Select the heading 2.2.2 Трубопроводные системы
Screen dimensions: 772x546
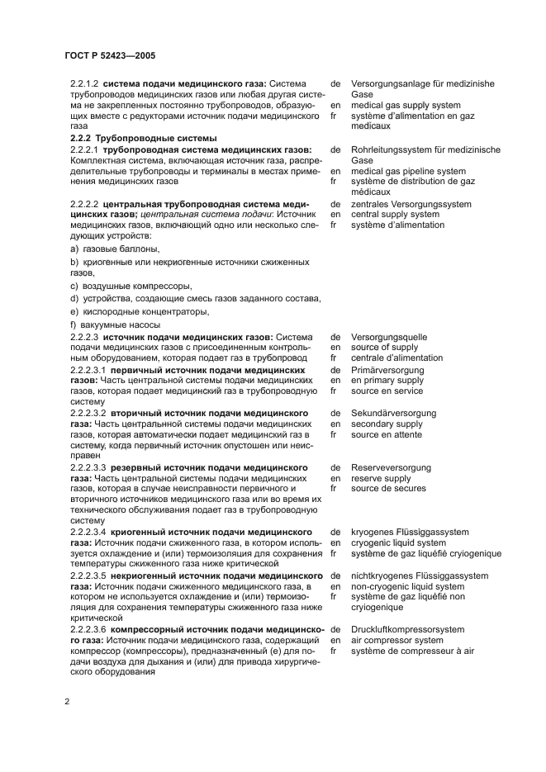pyautogui.click(x=143, y=138)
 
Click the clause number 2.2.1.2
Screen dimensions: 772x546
pyautogui.click(x=85, y=83)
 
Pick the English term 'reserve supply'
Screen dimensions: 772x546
pyautogui.click(x=381, y=478)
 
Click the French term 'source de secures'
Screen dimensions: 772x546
pyautogui.click(x=388, y=489)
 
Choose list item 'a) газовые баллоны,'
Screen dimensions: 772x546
pyautogui.click(x=115, y=249)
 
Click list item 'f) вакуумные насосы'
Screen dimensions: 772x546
pyautogui.click(x=115, y=324)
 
